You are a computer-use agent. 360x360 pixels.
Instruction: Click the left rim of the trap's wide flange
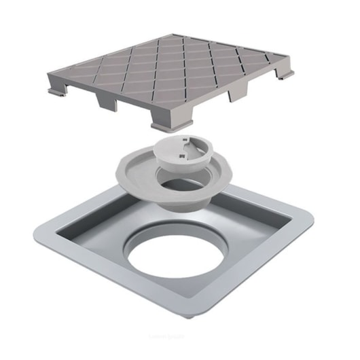coord(125,167)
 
